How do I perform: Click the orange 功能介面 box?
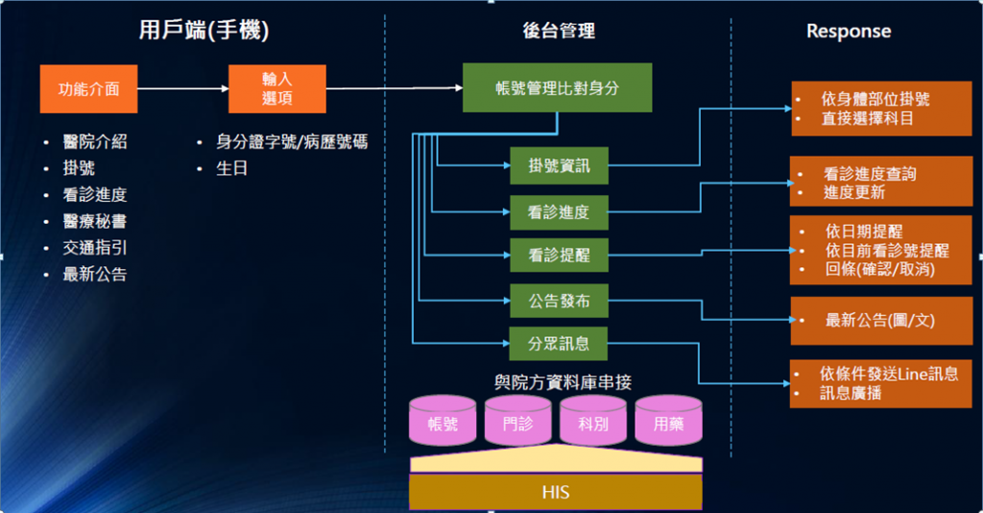[88, 89]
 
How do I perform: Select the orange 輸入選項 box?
[277, 89]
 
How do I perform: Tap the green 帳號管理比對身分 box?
[558, 87]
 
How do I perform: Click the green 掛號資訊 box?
[560, 165]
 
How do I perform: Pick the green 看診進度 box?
[560, 212]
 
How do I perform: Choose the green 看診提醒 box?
[560, 255]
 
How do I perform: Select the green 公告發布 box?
[560, 301]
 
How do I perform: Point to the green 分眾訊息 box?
[559, 344]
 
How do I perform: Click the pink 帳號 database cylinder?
[443, 420]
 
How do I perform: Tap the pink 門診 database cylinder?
[517, 420]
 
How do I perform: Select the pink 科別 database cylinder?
[593, 420]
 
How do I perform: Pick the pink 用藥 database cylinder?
[668, 420]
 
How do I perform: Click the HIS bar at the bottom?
[556, 492]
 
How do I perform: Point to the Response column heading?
[849, 31]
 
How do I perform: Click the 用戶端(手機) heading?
[204, 30]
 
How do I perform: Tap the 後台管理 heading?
[559, 31]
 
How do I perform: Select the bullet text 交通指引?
[95, 248]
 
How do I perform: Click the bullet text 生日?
[232, 168]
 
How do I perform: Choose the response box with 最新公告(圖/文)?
[881, 321]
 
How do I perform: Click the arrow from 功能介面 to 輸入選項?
[183, 88]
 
